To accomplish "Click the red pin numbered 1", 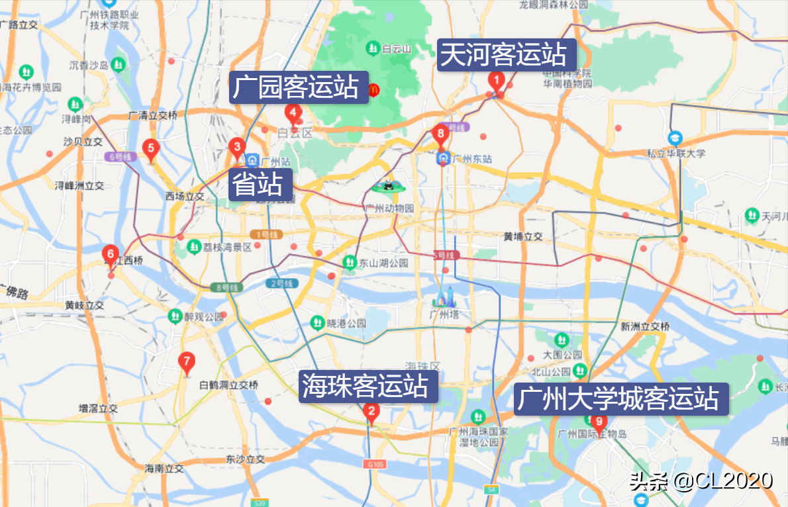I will (x=495, y=81).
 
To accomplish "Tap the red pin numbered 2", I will (x=371, y=414).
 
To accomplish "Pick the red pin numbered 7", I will (x=187, y=363).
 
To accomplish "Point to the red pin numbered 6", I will (x=111, y=255).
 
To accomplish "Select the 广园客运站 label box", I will (x=299, y=87).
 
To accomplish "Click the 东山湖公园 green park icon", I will (x=350, y=263).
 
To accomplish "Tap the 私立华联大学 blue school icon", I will (x=675, y=139).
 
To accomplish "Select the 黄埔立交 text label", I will (x=522, y=236).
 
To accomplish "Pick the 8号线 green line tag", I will (x=226, y=287).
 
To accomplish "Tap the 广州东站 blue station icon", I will (x=444, y=159).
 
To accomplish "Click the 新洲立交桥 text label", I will (x=645, y=326).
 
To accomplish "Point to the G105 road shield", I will (x=373, y=464).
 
